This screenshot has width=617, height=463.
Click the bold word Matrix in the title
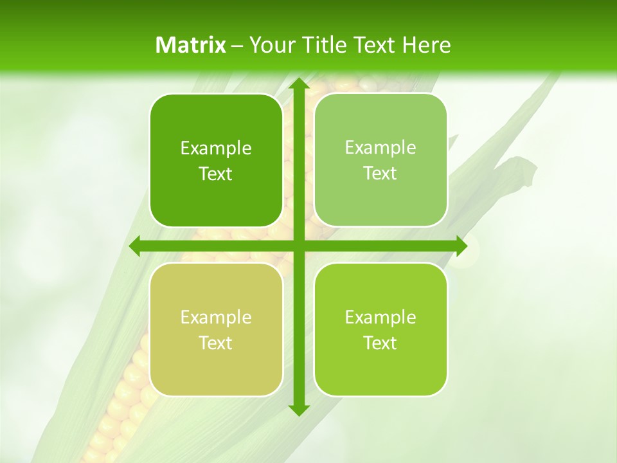point(190,45)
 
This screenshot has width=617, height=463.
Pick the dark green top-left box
point(216,161)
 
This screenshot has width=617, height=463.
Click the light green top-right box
point(380,161)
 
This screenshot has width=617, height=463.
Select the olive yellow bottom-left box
point(216,329)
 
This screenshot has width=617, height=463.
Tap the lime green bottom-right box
point(380,329)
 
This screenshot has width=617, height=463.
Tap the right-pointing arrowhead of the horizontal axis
point(461,246)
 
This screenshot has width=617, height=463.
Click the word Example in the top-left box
point(216,148)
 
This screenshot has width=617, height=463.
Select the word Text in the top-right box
point(380,174)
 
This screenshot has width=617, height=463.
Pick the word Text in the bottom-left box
point(216,343)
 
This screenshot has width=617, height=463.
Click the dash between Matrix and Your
point(237,46)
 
